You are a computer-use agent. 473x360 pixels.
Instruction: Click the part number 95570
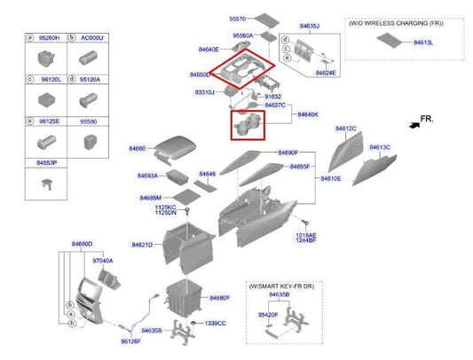point(213,18)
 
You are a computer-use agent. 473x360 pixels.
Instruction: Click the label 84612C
point(345,129)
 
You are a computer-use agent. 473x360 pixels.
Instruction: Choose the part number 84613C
point(380,147)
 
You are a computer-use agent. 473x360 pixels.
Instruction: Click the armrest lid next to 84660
point(181,147)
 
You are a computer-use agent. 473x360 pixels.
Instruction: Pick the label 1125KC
point(165,207)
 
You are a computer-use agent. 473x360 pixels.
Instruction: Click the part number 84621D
point(143,244)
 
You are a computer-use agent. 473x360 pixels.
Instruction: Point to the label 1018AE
point(306,235)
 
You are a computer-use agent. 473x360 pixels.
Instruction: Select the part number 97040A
point(103,261)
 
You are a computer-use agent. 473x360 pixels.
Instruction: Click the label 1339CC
point(215,323)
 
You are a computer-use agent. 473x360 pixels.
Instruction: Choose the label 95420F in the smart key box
point(268,314)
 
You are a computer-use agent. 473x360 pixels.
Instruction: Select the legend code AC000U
point(93,39)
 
